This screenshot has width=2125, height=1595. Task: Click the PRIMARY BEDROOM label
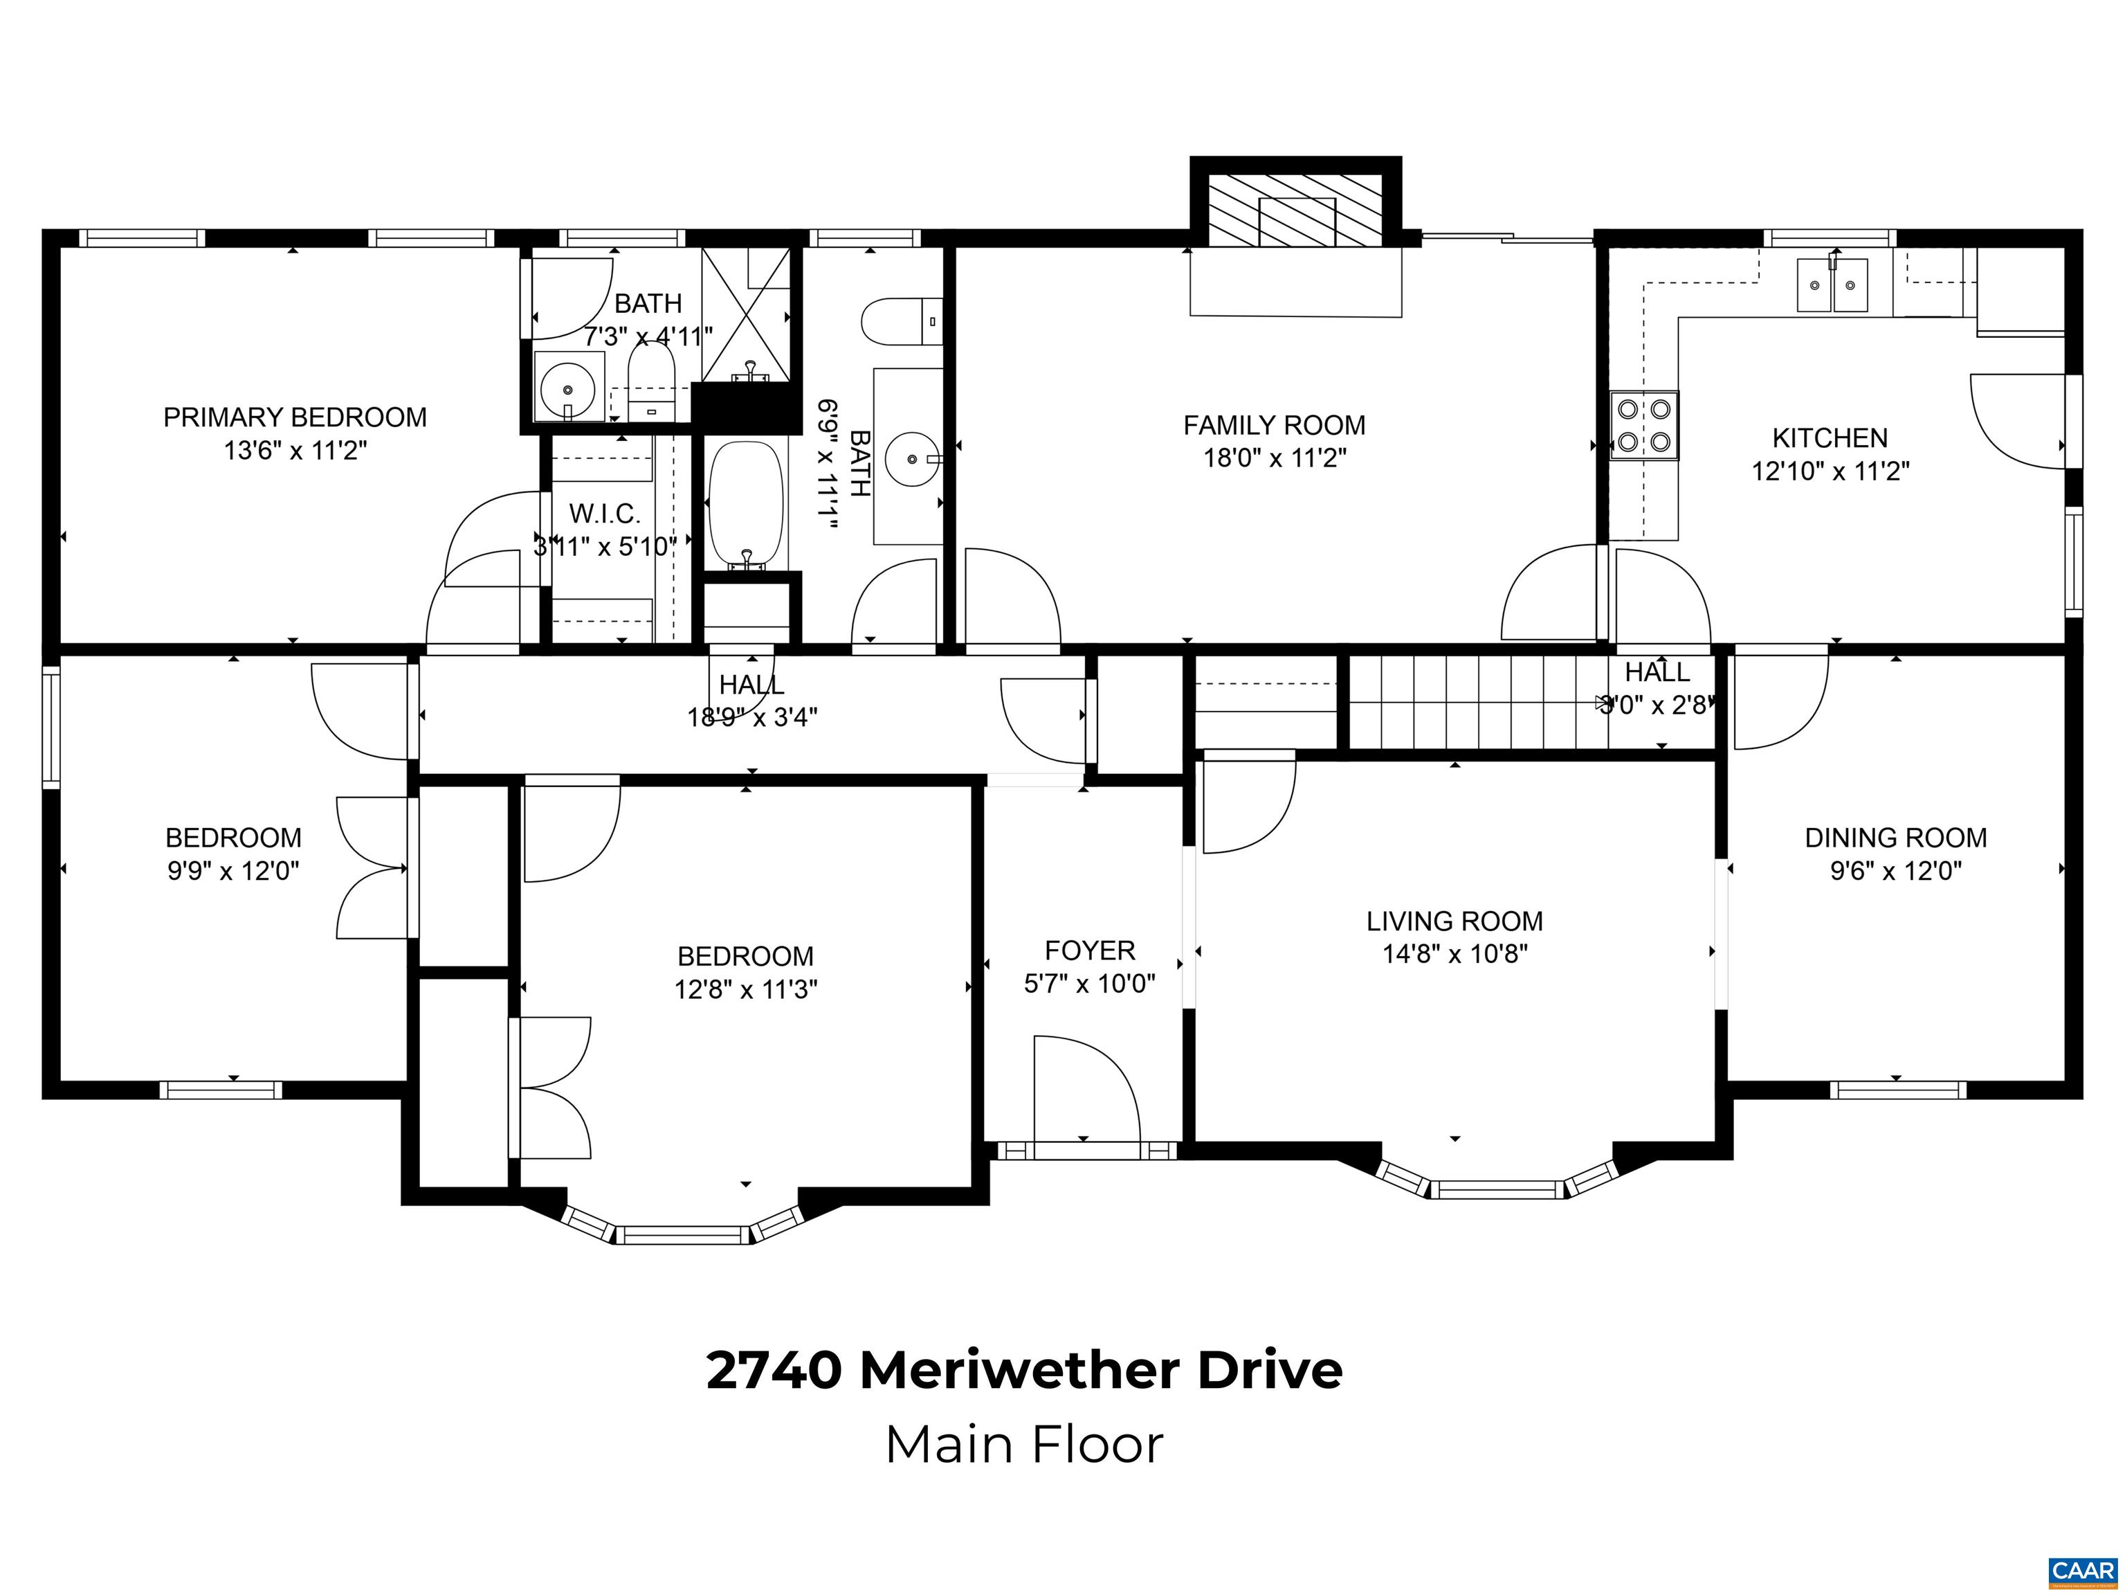[x=294, y=417]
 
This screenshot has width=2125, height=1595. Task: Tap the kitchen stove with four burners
[x=1643, y=424]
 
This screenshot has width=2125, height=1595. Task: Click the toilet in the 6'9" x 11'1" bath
[x=900, y=322]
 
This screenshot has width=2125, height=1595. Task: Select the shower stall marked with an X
[x=745, y=312]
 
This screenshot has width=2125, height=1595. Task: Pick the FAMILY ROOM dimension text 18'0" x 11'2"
[x=1274, y=458]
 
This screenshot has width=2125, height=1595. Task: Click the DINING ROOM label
[x=1895, y=838]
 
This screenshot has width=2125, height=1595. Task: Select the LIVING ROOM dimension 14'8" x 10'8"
[x=1454, y=954]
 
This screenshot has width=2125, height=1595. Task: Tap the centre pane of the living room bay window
[x=1497, y=1189]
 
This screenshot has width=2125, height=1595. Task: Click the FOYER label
[x=1089, y=950]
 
